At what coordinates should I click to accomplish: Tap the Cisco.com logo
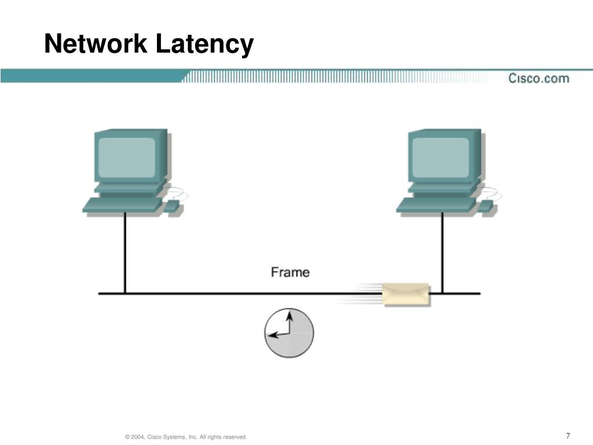click(x=538, y=78)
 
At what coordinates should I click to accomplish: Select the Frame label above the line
click(x=290, y=272)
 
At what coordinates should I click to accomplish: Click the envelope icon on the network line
click(x=405, y=294)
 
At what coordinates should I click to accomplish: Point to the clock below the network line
click(x=289, y=333)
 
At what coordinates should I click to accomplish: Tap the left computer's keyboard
click(x=122, y=205)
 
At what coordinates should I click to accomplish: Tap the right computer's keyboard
click(x=435, y=205)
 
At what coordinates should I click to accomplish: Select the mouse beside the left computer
click(x=172, y=206)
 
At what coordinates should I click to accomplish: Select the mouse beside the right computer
click(x=486, y=206)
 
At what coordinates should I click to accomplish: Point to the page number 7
click(x=568, y=436)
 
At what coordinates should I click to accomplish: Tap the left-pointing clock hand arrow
click(x=277, y=334)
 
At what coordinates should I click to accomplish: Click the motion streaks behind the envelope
click(x=359, y=293)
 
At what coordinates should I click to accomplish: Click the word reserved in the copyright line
click(x=234, y=436)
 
